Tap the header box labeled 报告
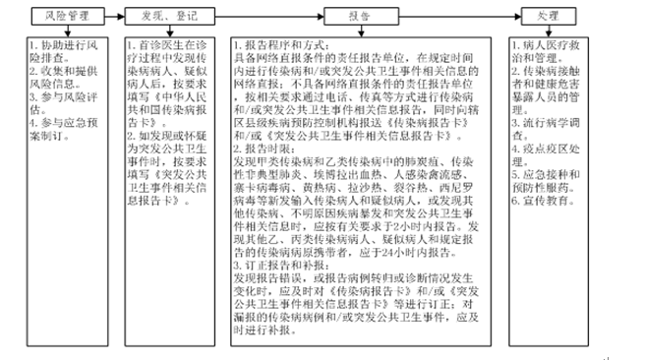click(359, 18)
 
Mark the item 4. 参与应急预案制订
click(62, 132)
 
